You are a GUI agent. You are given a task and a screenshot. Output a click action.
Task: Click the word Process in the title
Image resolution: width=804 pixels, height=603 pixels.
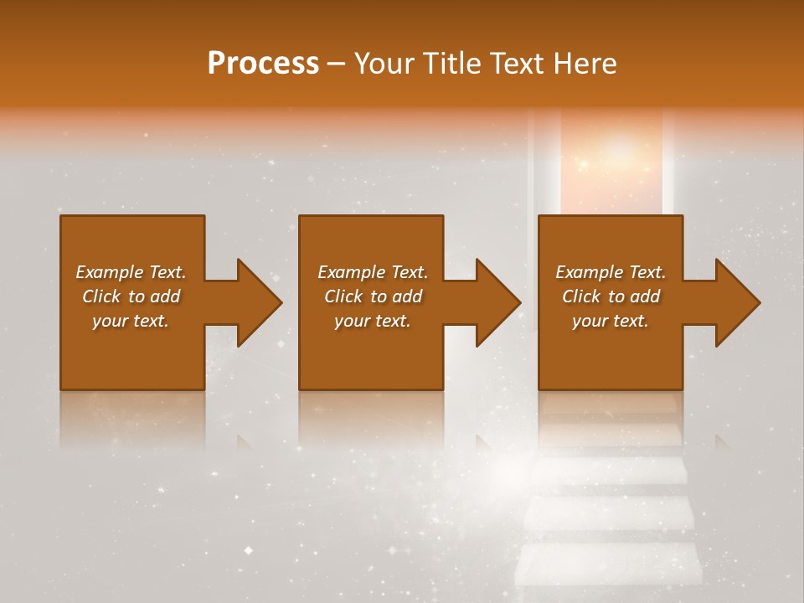point(263,64)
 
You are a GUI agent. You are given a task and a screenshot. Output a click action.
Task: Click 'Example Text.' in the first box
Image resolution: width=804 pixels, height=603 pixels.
point(131,272)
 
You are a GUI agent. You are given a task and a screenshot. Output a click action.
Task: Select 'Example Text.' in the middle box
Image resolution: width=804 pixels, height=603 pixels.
point(373,272)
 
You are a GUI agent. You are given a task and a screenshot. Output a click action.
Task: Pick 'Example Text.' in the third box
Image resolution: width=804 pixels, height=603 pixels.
point(611,272)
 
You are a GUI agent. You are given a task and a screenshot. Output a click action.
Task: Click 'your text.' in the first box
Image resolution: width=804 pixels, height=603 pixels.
point(131,321)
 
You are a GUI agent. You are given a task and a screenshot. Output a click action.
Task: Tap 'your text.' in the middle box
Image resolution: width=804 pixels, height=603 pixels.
point(373,321)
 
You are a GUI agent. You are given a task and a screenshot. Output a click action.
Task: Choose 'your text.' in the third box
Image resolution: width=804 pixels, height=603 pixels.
point(611,321)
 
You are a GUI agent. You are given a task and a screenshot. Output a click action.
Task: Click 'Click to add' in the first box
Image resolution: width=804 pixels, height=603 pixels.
point(131,296)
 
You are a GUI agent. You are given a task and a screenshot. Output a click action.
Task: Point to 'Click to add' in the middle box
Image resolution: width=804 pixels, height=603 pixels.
point(373,296)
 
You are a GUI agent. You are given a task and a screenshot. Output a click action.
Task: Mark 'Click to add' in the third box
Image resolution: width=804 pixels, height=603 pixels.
point(611,296)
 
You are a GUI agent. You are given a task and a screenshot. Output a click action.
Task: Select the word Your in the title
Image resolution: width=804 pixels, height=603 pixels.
point(381,64)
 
